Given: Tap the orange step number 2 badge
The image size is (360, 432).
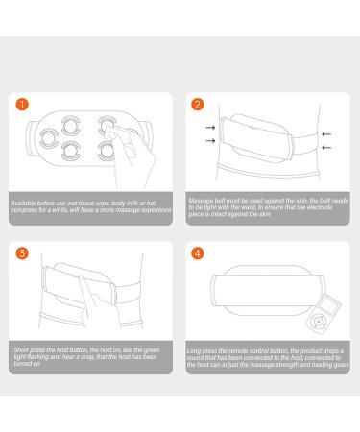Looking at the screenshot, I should (x=198, y=103).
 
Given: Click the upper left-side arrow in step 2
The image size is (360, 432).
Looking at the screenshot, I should (x=210, y=125).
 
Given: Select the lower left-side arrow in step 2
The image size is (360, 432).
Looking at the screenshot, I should (x=210, y=141).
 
